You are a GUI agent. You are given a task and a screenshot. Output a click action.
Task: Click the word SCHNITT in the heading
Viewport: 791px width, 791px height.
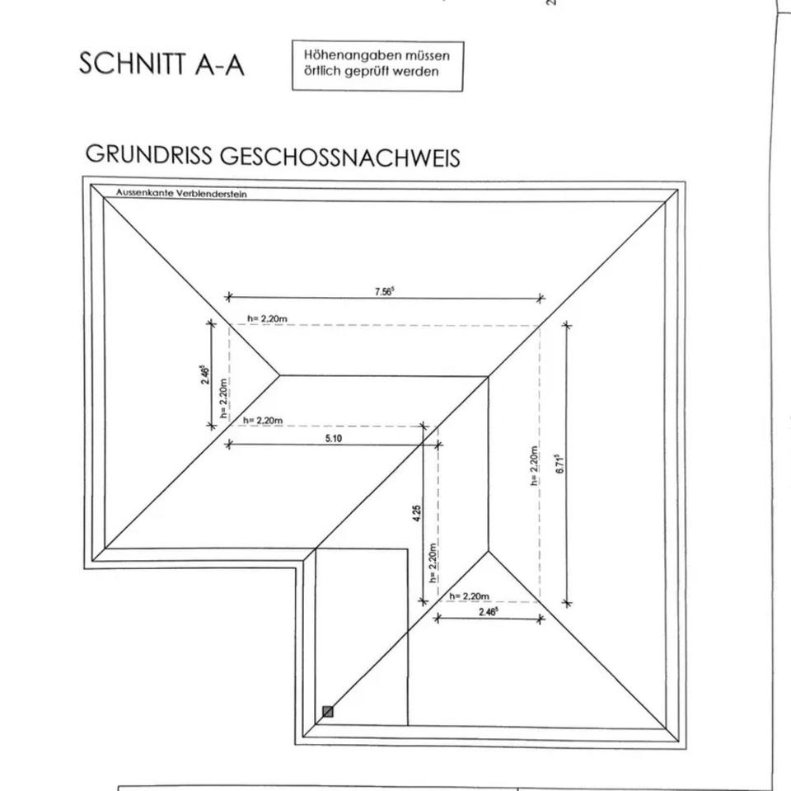[x=132, y=64]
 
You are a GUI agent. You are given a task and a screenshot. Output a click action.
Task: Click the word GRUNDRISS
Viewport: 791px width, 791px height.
[x=147, y=155]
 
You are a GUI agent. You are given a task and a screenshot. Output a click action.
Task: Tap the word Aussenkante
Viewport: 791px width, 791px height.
[x=141, y=192]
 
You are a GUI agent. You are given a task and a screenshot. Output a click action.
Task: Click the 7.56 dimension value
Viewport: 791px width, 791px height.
[x=384, y=291]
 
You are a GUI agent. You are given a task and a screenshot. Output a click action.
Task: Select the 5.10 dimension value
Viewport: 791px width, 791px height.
[x=333, y=438]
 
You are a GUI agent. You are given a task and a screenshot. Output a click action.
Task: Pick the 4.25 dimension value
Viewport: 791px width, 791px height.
[x=418, y=514]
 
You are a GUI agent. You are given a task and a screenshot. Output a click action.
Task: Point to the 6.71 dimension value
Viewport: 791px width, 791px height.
[x=560, y=464]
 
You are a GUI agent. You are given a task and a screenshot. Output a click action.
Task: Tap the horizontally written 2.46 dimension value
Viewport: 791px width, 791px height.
[x=488, y=613]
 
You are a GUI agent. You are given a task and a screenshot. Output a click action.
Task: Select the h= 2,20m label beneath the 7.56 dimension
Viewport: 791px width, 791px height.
[x=267, y=318]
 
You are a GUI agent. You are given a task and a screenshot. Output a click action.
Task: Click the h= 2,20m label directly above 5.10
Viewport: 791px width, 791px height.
[x=263, y=421]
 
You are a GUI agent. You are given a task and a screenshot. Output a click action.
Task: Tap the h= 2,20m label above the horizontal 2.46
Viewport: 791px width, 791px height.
[x=470, y=596]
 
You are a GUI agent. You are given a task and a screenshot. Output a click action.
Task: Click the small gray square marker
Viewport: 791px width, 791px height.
[x=328, y=711]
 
